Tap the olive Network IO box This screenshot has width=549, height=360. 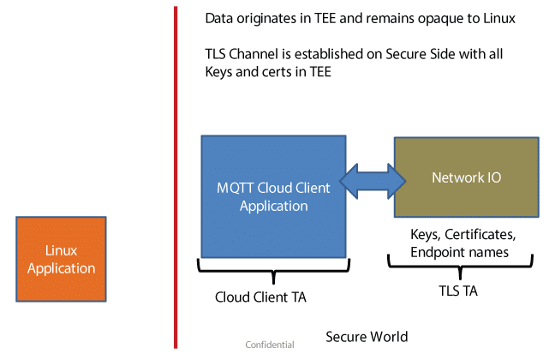466,177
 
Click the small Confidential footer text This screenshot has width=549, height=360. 269,345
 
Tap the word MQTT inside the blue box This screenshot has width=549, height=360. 234,188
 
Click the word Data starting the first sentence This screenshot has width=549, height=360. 219,18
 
